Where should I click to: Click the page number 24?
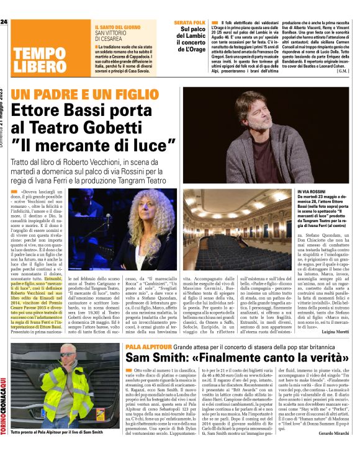point(4,22)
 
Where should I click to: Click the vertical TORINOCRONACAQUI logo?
point(5,403)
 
